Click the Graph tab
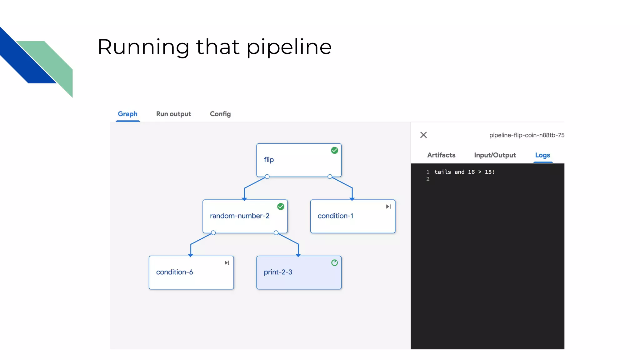pyautogui.click(x=127, y=114)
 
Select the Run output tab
pyautogui.click(x=173, y=114)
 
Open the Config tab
pyautogui.click(x=220, y=114)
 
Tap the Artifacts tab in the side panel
pyautogui.click(x=441, y=155)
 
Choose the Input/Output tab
pyautogui.click(x=495, y=155)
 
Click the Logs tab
pyautogui.click(x=542, y=155)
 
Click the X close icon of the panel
pyautogui.click(x=423, y=135)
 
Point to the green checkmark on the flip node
pyautogui.click(x=334, y=150)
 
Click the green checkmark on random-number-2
pyautogui.click(x=281, y=207)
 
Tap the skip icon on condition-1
pyautogui.click(x=388, y=207)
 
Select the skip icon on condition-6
pyautogui.click(x=227, y=263)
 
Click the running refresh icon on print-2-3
pyautogui.click(x=334, y=263)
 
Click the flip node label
pyautogui.click(x=269, y=160)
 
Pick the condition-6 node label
pyautogui.click(x=174, y=272)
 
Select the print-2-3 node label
pyautogui.click(x=278, y=272)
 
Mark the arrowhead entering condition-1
pyautogui.click(x=352, y=199)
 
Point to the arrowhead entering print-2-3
pyautogui.click(x=298, y=255)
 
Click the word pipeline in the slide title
pyautogui.click(x=289, y=47)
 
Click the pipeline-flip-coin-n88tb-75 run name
pyautogui.click(x=527, y=135)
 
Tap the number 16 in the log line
pyautogui.click(x=471, y=172)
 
